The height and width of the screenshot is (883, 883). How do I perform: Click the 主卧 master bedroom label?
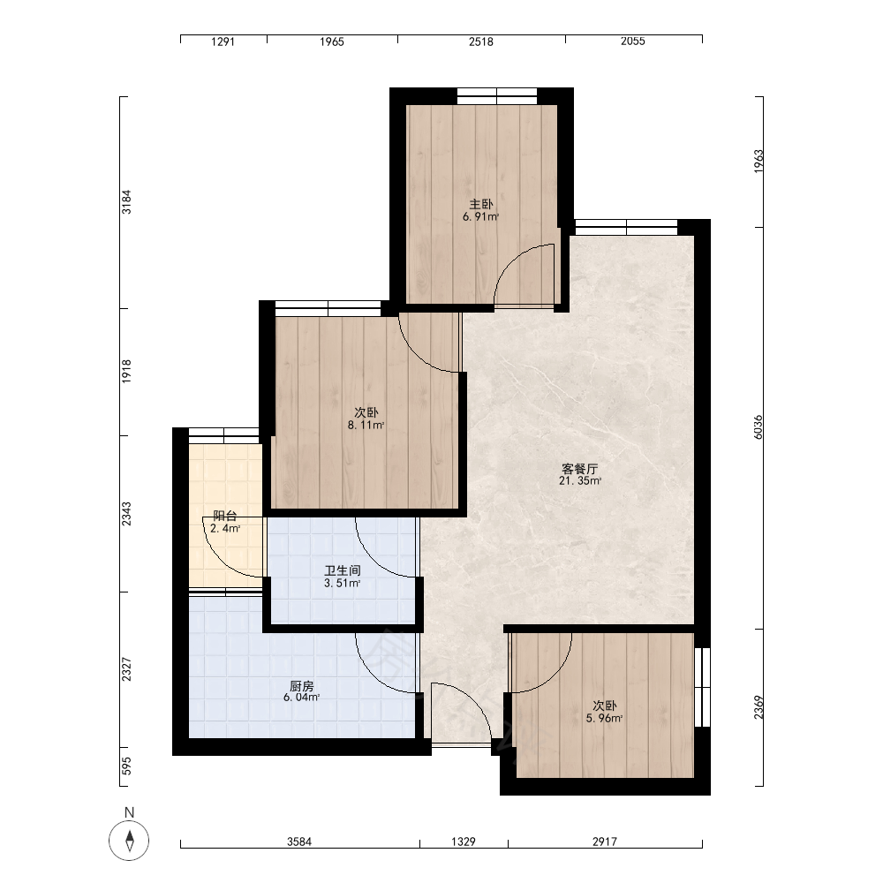[481, 205]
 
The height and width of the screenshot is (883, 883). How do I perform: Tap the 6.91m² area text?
[481, 217]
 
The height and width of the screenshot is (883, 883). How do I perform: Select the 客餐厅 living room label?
[580, 469]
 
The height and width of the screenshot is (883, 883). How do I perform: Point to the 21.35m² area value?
[580, 481]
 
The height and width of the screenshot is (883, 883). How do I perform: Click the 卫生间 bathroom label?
[343, 571]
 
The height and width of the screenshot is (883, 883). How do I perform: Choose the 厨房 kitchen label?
[302, 686]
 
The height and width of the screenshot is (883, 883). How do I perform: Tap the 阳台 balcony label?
[225, 516]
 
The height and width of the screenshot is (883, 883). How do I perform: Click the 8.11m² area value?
[366, 426]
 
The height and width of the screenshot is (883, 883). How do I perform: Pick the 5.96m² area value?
[604, 718]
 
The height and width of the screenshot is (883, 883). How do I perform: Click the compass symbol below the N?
[129, 841]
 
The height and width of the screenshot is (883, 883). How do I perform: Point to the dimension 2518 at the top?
[481, 42]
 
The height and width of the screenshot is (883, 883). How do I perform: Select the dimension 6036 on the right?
[758, 427]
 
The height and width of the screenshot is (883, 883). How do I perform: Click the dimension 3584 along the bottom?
[299, 841]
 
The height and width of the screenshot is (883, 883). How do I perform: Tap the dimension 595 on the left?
[126, 766]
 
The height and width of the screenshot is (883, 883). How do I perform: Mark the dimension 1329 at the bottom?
[464, 841]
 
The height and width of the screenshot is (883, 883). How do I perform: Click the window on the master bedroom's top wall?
[496, 96]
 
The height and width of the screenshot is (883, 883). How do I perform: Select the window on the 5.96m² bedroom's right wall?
[702, 687]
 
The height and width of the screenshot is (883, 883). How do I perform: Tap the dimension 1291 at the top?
[223, 42]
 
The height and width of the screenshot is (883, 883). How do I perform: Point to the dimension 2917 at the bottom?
[604, 841]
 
